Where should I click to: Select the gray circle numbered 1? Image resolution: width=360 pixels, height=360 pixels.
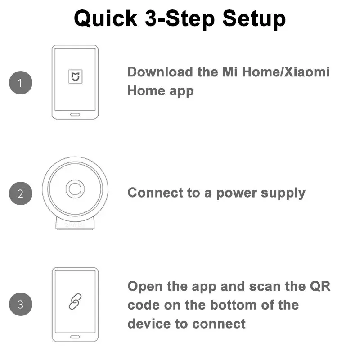[21, 83]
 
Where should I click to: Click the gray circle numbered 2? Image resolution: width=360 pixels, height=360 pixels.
[21, 194]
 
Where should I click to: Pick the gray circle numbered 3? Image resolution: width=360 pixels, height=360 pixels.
[21, 305]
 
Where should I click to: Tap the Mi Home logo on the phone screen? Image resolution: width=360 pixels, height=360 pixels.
[75, 76]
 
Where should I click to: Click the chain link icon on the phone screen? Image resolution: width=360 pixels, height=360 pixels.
[75, 301]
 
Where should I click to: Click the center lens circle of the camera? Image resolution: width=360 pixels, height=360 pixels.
[75, 189]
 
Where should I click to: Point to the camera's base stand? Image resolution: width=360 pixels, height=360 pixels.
[75, 224]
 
